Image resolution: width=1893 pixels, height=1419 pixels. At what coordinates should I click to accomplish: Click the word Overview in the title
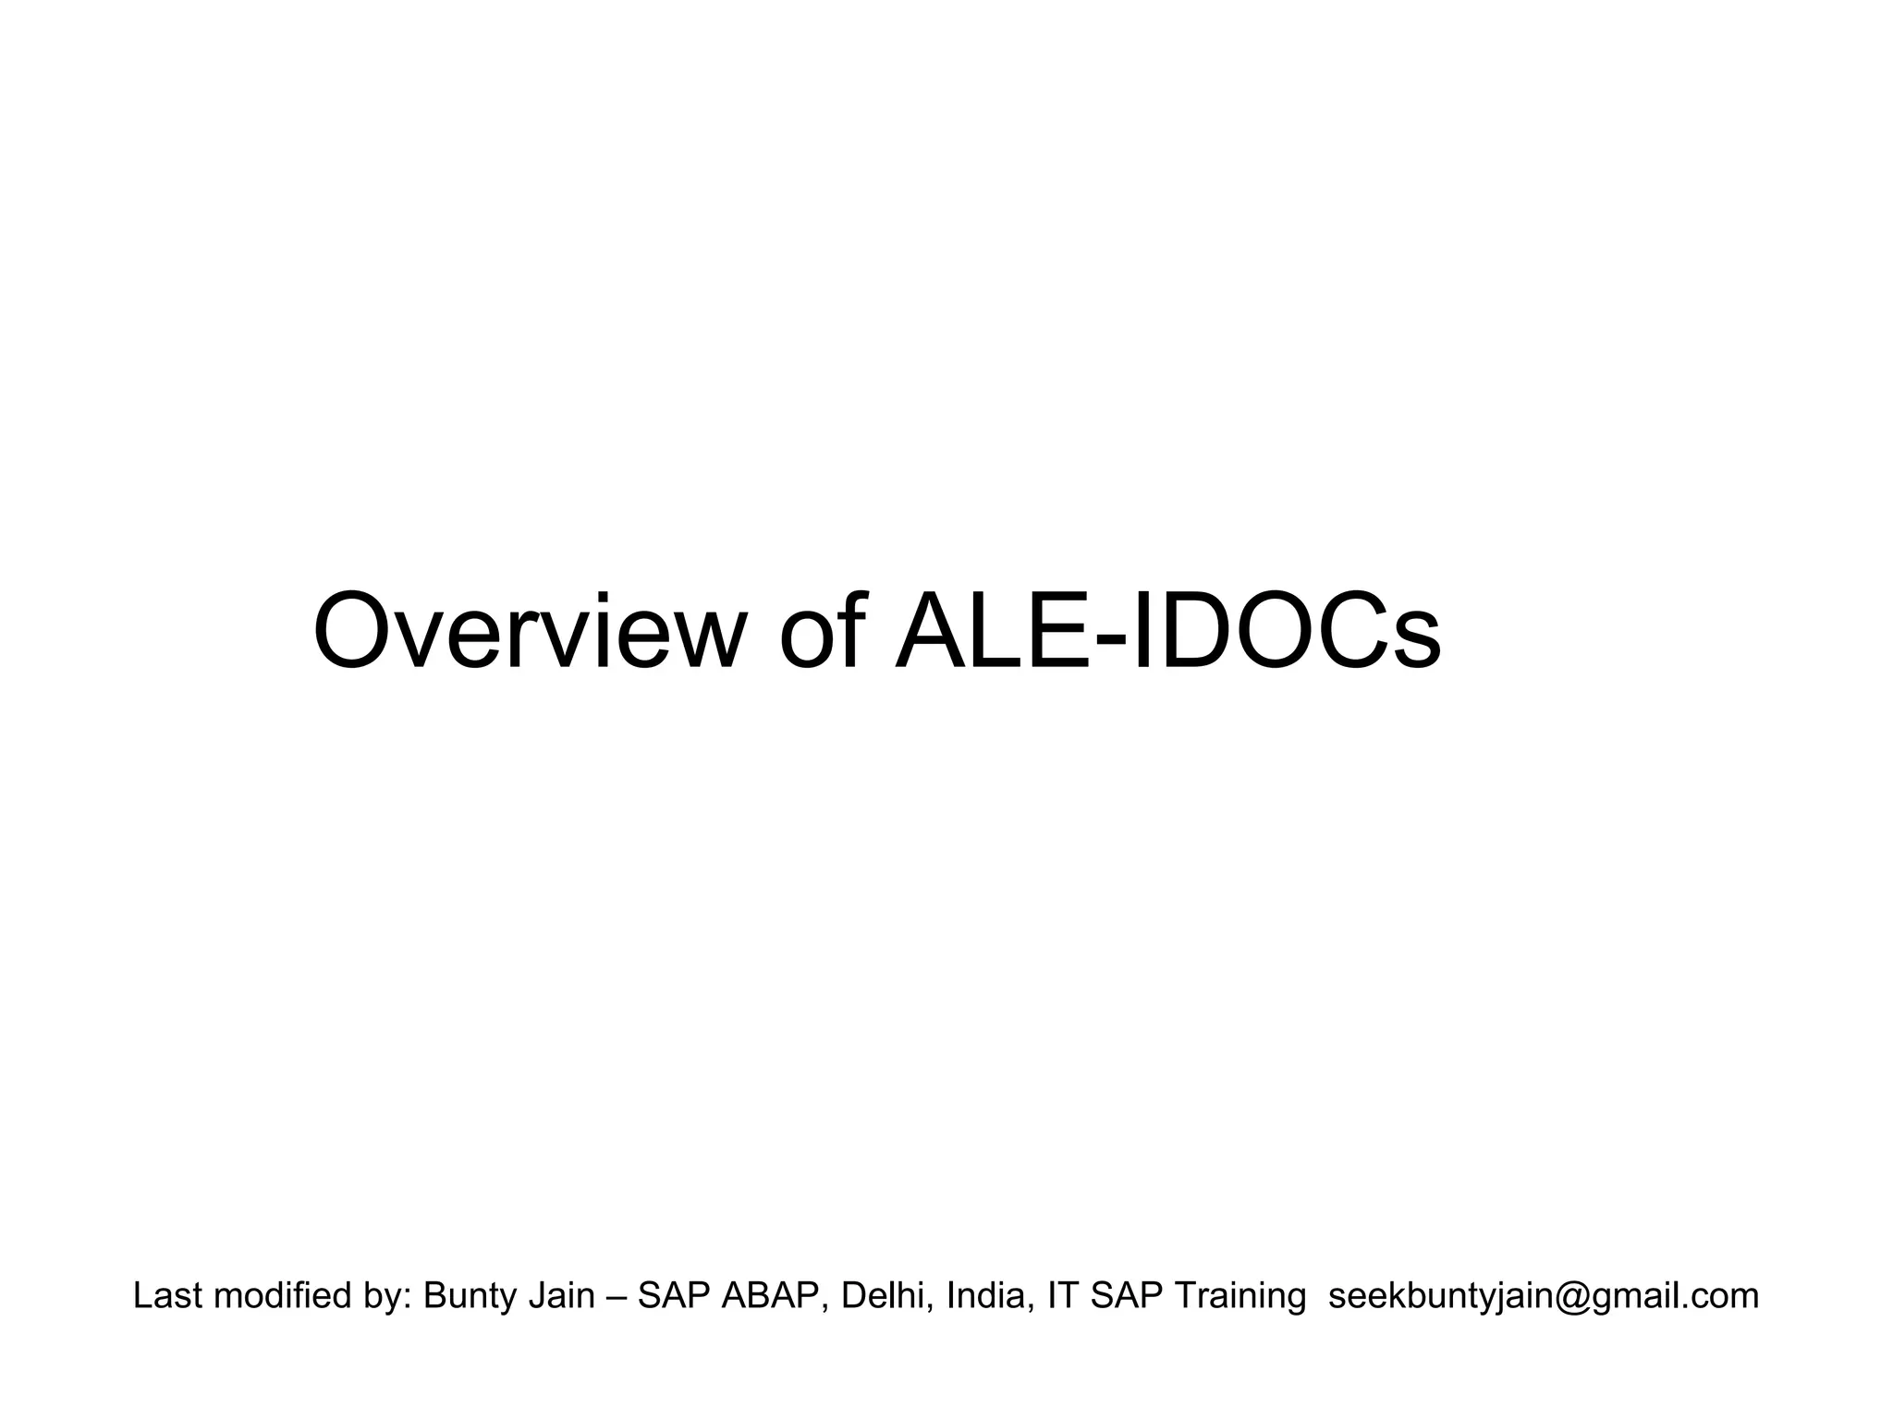[x=530, y=633]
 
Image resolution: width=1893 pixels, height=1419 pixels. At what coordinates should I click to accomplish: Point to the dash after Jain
[x=617, y=1298]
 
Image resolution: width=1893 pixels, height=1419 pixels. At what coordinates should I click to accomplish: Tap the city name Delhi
[x=880, y=1296]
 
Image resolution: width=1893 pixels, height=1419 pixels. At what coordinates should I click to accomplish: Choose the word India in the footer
[x=986, y=1296]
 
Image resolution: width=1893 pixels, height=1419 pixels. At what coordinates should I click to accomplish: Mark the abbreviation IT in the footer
[x=1062, y=1296]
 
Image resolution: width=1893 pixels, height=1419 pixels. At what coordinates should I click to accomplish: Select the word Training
[x=1240, y=1296]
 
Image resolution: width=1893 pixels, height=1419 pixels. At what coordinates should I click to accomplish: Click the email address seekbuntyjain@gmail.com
[x=1543, y=1296]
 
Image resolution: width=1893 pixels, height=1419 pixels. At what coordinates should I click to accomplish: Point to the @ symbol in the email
[x=1570, y=1297]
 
